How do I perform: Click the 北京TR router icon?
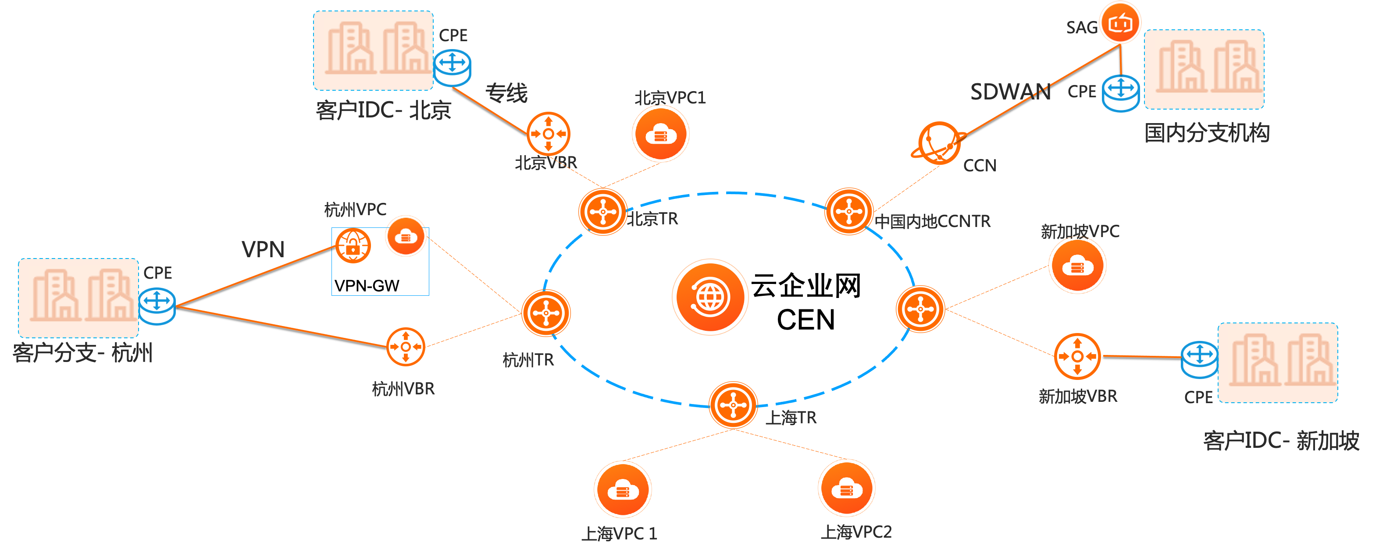(602, 212)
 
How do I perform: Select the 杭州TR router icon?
(545, 313)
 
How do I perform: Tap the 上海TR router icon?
(733, 405)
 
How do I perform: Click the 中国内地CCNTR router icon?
(849, 212)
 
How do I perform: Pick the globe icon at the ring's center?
(710, 297)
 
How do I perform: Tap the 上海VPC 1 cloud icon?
(623, 489)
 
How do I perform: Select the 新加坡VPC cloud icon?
(1077, 266)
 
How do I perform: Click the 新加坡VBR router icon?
(1077, 356)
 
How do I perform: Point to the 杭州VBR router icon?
(405, 347)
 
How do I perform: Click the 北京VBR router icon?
(548, 133)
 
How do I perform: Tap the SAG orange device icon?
(1120, 23)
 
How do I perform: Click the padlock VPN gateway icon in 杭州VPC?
(353, 245)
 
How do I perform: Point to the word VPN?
(263, 249)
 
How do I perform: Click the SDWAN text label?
(1010, 92)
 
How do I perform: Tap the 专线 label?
(506, 93)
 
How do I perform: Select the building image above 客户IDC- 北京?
(373, 50)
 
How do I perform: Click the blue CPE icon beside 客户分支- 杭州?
(157, 306)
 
